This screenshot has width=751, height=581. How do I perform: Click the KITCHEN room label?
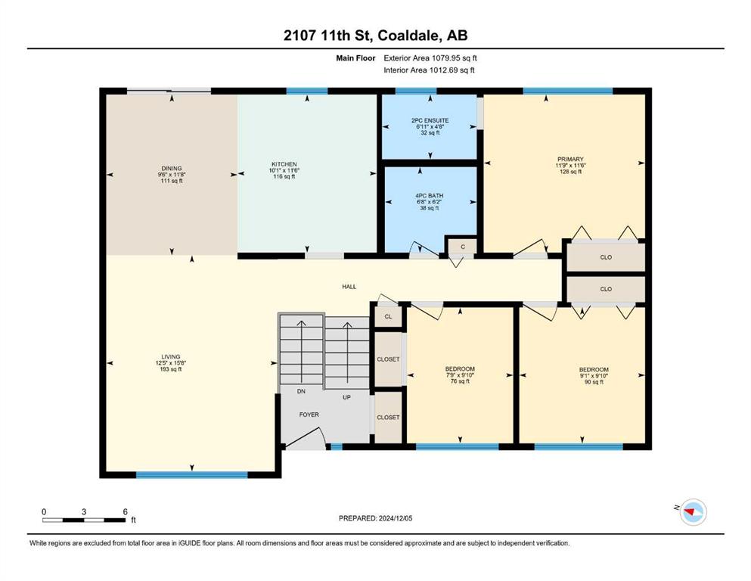click(x=284, y=164)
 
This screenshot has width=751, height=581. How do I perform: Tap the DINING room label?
click(x=172, y=168)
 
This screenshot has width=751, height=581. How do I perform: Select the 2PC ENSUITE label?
click(x=430, y=121)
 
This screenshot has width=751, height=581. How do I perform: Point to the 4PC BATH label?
click(x=429, y=196)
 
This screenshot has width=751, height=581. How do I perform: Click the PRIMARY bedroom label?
click(x=570, y=159)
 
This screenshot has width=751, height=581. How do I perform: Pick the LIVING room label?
click(x=170, y=357)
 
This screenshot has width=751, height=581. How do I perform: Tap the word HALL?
click(x=349, y=287)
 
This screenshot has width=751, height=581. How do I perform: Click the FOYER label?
click(x=309, y=415)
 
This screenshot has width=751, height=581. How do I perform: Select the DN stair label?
click(x=301, y=391)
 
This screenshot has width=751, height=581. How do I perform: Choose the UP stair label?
click(x=347, y=397)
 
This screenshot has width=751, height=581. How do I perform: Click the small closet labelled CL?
click(x=388, y=317)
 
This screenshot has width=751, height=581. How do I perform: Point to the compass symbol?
click(x=693, y=512)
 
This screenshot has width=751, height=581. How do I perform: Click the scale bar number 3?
click(x=84, y=511)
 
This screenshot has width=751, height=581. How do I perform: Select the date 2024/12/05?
click(x=395, y=518)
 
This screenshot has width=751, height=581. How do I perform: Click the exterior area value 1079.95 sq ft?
click(x=454, y=58)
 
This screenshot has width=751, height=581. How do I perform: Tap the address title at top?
click(x=375, y=36)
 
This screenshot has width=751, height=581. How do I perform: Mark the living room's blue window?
click(x=191, y=475)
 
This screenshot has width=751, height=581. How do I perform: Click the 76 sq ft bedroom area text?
click(x=460, y=382)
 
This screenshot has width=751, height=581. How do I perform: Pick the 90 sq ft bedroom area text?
click(x=594, y=382)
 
